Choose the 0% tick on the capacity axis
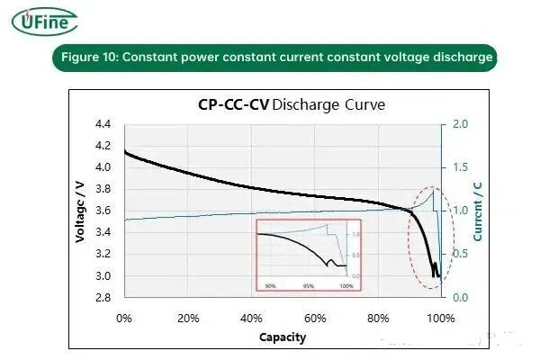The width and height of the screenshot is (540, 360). [124, 318]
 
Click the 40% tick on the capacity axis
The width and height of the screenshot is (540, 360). [251, 318]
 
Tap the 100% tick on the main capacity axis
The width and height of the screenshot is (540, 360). [440, 318]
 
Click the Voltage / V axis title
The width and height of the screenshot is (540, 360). [80, 211]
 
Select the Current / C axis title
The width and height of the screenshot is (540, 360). [478, 211]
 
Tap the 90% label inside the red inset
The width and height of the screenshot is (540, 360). [269, 285]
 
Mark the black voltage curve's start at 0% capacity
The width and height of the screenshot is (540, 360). [124, 151]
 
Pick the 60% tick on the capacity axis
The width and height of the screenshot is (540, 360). [314, 318]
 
